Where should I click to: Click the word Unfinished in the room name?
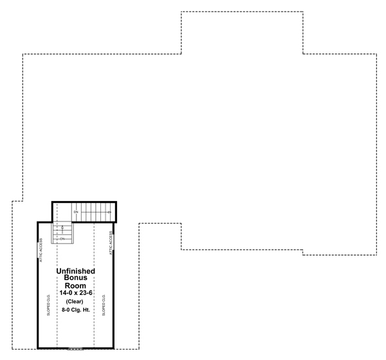[76, 271]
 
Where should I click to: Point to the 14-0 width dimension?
[66, 293]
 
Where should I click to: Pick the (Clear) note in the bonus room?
[76, 302]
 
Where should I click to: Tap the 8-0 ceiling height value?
[64, 310]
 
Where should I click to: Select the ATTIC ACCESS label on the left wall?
[41, 250]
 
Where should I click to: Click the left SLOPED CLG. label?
[48, 307]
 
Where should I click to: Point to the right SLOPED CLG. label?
[104, 307]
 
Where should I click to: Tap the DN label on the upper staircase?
[76, 211]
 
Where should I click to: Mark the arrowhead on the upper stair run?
[110, 211]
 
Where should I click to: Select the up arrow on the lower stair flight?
[63, 227]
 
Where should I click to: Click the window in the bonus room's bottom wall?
[76, 348]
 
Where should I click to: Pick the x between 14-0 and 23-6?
[76, 293]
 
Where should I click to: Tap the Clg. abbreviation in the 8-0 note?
[77, 310]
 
